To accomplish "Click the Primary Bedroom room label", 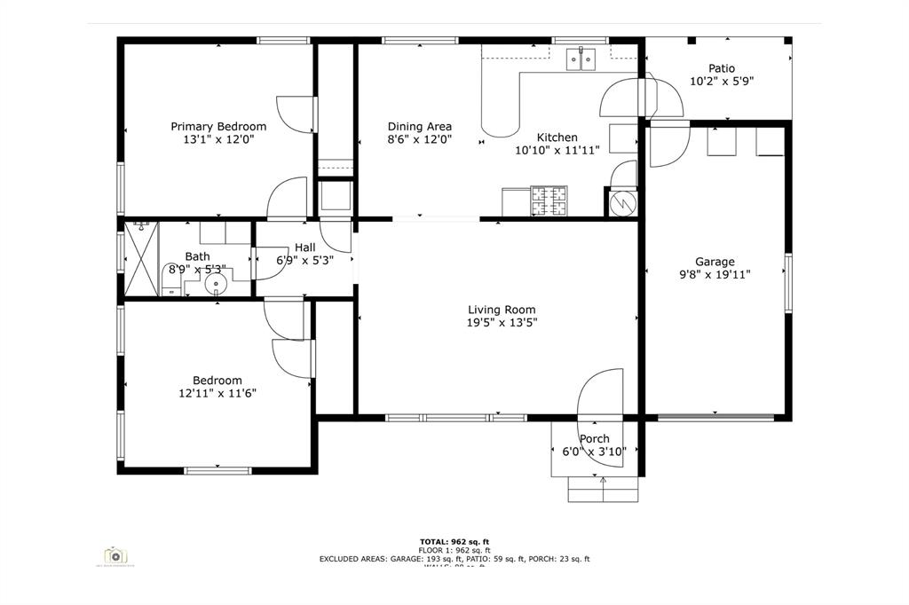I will coord(218,127).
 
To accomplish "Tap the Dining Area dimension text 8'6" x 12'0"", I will coord(420,139).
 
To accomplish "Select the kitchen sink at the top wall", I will coord(581,59).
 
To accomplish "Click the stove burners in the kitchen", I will coord(549,201).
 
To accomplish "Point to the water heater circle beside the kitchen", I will coord(623,203).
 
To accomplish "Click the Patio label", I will coord(721,68).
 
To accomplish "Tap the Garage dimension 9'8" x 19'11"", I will coord(715,275).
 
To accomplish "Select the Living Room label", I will coord(502,310).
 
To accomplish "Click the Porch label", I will coord(594,439).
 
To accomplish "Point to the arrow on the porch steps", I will coord(604,484).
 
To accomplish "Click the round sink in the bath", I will coord(216,284).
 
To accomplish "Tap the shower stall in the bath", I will coord(140,258).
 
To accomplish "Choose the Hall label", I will coord(304,247).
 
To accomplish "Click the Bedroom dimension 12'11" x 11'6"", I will coord(217,393).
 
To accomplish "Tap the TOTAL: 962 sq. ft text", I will coord(454,541).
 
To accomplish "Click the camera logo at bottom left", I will coord(114,556).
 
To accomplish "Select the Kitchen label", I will coord(557,137).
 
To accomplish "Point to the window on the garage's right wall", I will coord(787,282).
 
